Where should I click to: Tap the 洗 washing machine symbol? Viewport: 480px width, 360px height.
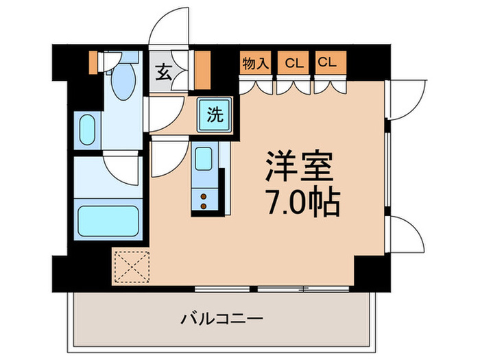215,115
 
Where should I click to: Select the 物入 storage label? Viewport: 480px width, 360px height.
255,63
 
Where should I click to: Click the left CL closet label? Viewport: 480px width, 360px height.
294,63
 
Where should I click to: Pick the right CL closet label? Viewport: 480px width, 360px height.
328,63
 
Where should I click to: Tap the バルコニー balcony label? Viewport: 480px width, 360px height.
222,318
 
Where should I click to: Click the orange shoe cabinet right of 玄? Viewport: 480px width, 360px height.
202,71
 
